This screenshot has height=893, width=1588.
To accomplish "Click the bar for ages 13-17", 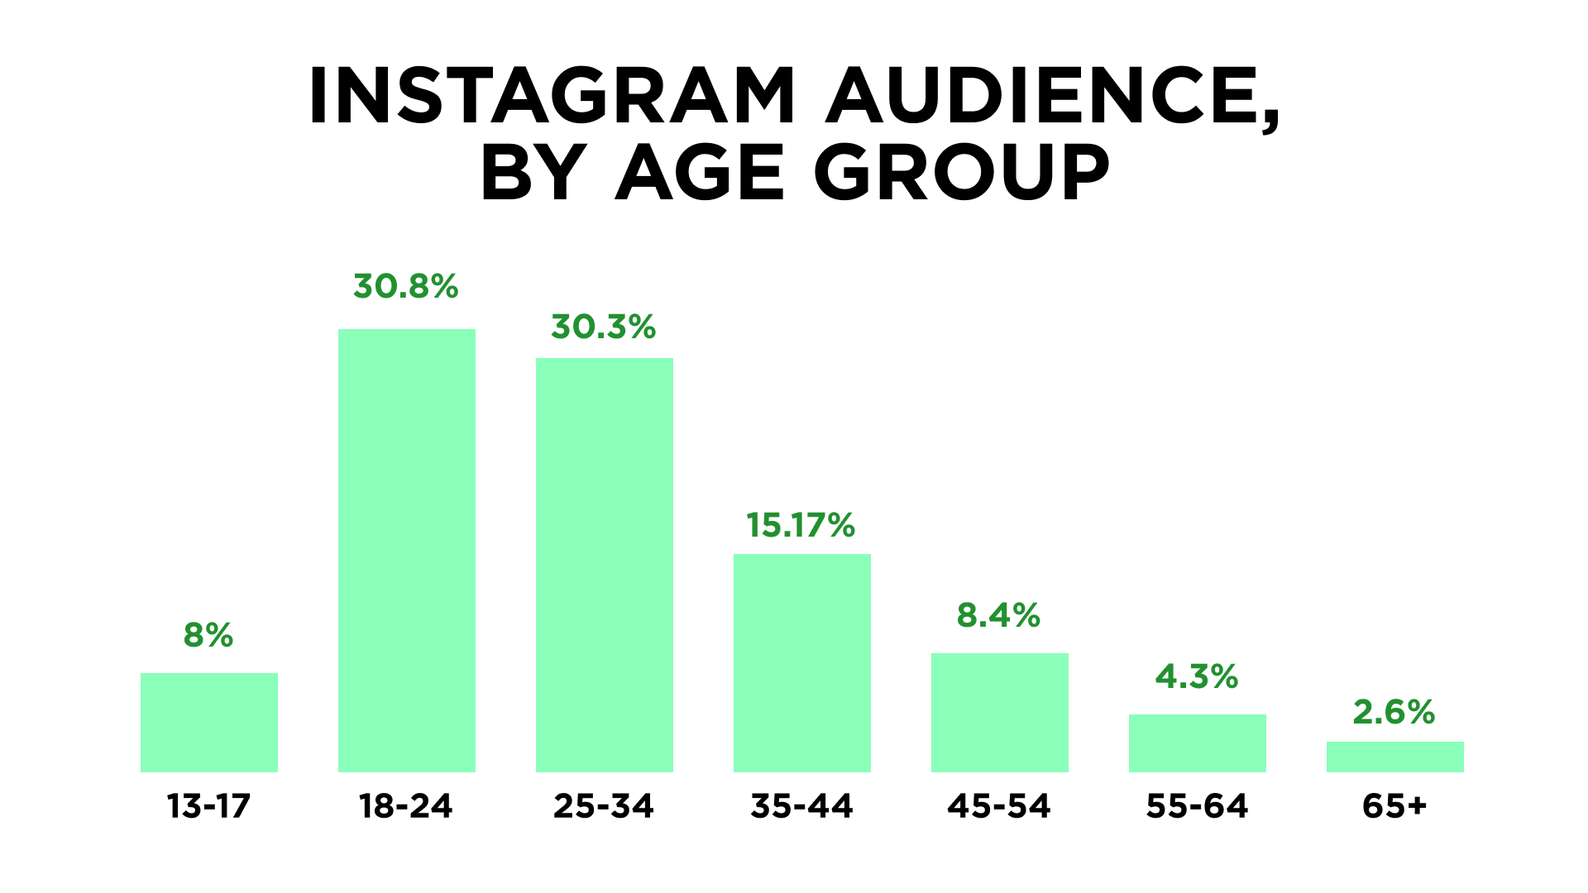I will point(209,723).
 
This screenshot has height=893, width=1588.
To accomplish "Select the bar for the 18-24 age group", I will point(407,551).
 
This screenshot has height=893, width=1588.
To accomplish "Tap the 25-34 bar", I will point(605,565).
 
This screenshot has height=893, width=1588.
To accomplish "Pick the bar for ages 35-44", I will point(802,663).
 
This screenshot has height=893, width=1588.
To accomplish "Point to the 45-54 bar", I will point(1000,713).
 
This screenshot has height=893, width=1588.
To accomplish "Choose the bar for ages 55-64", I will point(1198,743).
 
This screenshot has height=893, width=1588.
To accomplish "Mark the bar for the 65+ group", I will point(1395,757).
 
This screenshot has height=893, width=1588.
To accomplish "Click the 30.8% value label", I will point(406,287).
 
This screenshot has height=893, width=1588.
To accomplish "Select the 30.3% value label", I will point(604,327).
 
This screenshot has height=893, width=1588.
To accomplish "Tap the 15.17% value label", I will point(801,526).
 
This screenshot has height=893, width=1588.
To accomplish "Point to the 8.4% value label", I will point(998,616).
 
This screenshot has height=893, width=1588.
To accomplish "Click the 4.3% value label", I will point(1197,677).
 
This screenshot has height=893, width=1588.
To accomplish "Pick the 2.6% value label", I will point(1394,713).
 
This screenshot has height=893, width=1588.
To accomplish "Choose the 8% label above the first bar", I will point(208,636).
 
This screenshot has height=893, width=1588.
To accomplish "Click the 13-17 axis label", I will point(208,806).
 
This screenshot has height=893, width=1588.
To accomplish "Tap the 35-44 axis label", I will point(801,806).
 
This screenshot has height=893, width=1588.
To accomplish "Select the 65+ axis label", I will point(1394,806).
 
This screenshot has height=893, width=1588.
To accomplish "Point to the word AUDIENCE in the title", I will point(1052,98).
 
